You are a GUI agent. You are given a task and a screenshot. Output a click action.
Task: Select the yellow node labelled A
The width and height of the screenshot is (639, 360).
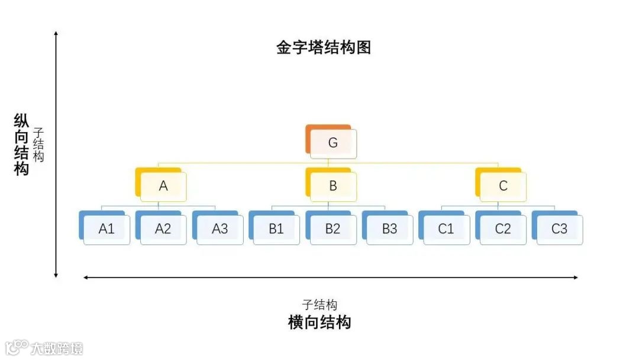point(163,186)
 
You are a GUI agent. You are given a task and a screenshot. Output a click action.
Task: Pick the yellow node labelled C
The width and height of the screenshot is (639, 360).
point(502,186)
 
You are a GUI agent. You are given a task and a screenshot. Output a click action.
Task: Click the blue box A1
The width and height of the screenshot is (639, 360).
point(106,229)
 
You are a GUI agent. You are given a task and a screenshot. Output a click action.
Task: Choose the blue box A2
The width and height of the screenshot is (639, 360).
point(163,229)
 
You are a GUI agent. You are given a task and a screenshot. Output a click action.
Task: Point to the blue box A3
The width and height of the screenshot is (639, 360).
point(220,229)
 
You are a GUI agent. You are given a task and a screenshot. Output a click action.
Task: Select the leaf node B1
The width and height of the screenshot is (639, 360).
point(276,229)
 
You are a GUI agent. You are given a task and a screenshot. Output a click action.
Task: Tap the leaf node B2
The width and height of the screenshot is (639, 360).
point(333,229)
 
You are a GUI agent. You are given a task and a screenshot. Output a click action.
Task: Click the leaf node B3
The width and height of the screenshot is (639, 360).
point(389,229)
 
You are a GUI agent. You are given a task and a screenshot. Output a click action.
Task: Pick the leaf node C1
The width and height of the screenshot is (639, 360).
point(446,229)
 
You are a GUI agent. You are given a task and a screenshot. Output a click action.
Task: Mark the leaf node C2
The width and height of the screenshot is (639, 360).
point(502,229)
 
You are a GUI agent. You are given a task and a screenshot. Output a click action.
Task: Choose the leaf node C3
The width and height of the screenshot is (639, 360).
point(559,229)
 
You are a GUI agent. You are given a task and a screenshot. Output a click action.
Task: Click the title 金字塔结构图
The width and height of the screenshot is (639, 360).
point(324,47)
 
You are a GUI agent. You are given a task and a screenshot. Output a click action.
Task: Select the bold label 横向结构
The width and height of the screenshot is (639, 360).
point(319,322)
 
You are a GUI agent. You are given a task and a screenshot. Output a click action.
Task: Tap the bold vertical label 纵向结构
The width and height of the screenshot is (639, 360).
point(22,144)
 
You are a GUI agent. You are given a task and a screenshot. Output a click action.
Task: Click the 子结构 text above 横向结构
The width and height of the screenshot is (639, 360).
point(319,305)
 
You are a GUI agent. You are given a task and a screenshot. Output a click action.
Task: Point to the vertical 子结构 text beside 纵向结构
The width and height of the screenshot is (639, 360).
point(39,144)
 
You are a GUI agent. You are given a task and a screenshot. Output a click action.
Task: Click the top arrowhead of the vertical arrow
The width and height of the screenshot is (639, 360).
point(56,34)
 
